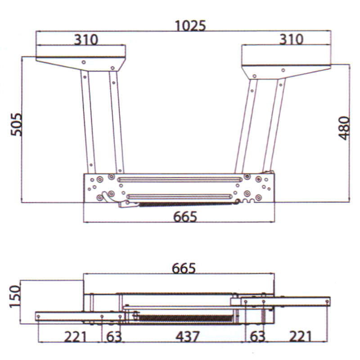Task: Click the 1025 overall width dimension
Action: point(190,26)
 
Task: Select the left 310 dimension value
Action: point(86,40)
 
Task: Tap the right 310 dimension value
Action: point(291,39)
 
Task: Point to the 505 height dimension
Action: point(17,125)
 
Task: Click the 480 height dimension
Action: point(344,128)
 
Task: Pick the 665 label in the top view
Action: point(185,216)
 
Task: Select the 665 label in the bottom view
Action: point(184,268)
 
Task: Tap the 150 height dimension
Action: point(15,296)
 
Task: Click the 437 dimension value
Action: point(188,337)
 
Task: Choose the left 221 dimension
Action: point(75,337)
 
